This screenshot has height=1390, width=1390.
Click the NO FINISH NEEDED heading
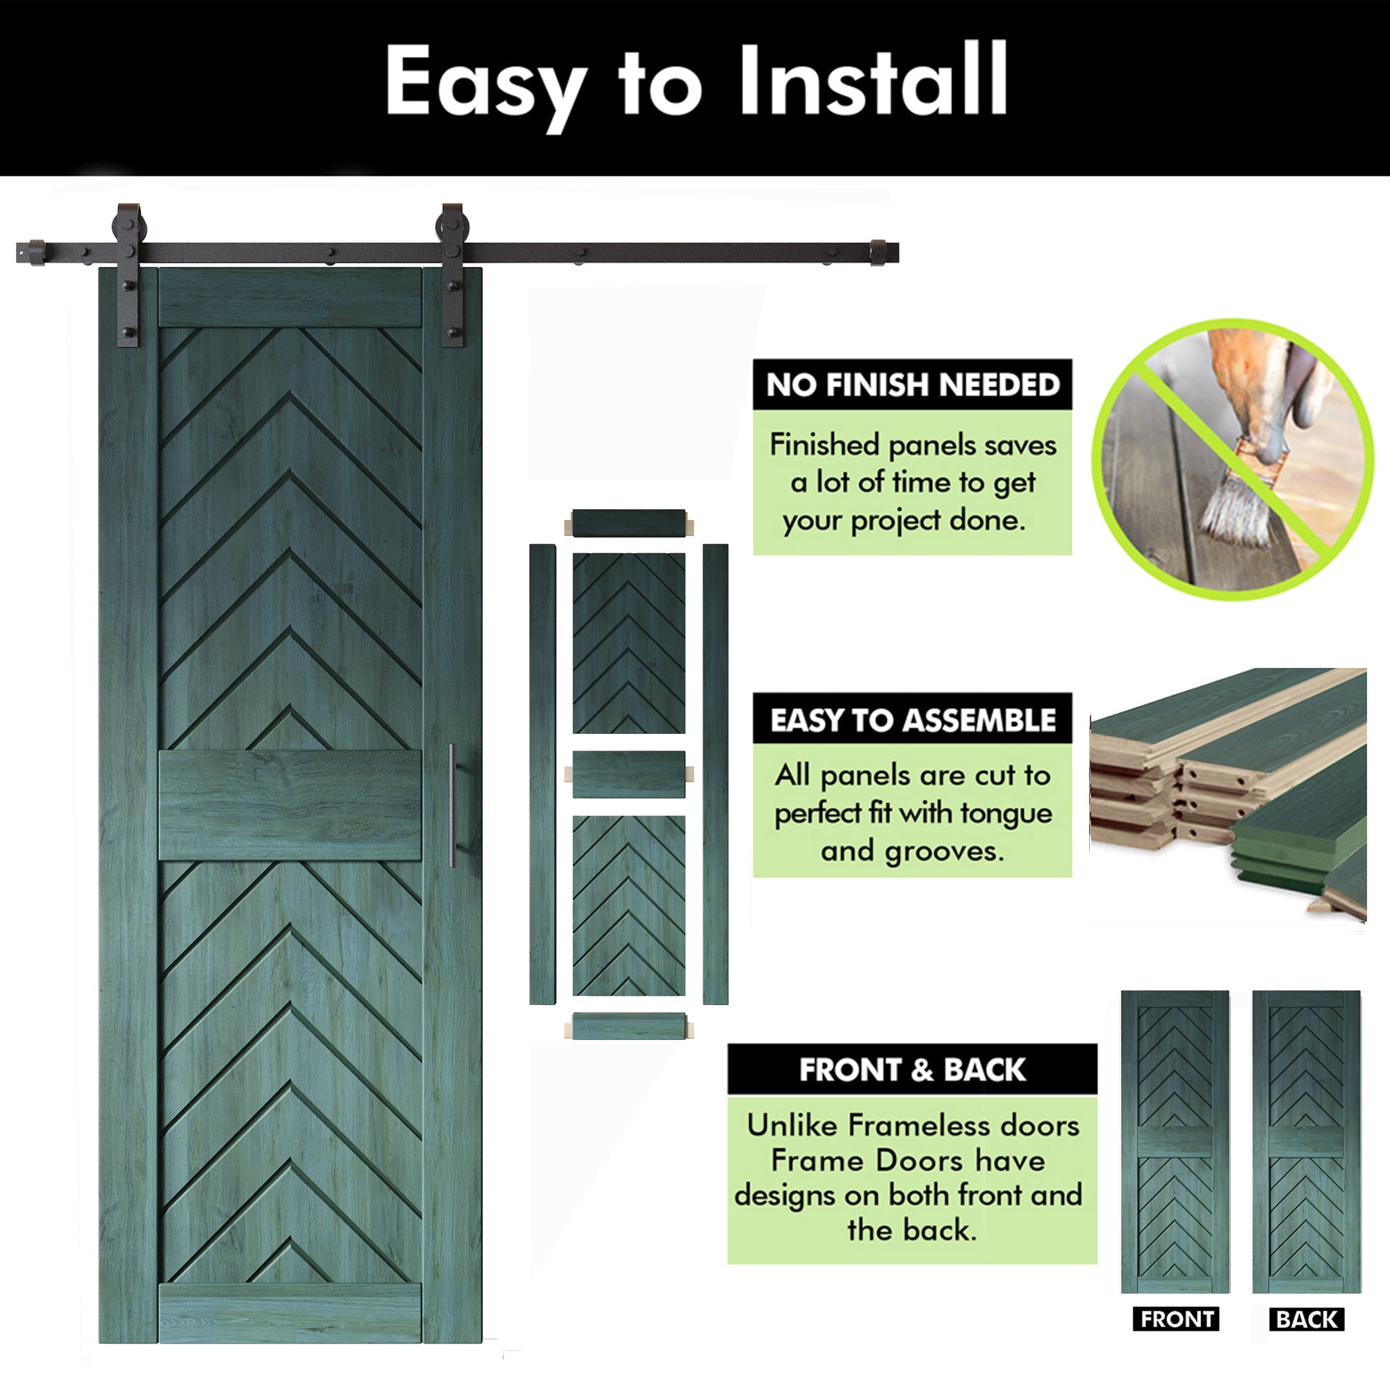(913, 385)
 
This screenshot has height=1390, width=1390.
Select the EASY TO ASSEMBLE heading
(913, 719)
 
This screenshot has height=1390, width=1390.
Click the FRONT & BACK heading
(913, 1070)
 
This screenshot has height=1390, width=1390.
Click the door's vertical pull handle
(452, 805)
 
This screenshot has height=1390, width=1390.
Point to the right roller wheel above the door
(452, 225)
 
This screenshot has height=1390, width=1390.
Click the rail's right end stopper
(879, 252)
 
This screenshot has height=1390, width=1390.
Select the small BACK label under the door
(1307, 1319)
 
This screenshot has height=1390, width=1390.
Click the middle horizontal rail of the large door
(290, 804)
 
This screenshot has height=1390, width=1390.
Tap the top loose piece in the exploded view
(629, 523)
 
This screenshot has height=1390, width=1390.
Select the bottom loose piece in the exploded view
(629, 1025)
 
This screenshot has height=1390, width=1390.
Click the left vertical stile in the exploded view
(543, 774)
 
